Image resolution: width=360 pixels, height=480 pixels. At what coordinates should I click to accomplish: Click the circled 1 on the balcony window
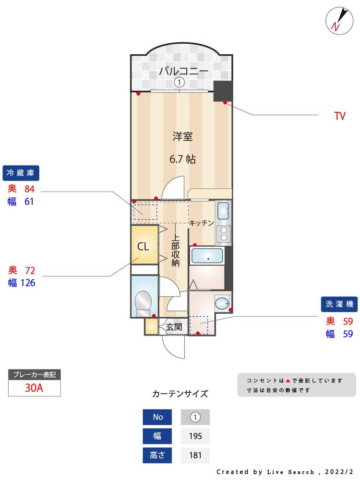tap(179, 83)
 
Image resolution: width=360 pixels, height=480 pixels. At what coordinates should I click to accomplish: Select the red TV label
tap(340, 116)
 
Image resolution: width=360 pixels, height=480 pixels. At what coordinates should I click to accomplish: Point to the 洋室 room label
tap(182, 137)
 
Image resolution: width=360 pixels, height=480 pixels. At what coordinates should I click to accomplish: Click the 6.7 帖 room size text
tap(182, 159)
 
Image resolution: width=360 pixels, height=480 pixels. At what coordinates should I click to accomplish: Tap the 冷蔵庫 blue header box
tap(21, 172)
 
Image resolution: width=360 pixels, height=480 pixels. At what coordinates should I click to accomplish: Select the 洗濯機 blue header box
tap(339, 304)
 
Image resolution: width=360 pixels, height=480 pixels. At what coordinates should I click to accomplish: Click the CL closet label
tap(143, 247)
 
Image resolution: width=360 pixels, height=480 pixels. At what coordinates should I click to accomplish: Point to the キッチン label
tap(201, 223)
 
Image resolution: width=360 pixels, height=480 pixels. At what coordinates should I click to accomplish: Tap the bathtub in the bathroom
tap(207, 256)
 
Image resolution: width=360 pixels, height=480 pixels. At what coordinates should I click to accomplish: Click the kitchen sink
tap(224, 211)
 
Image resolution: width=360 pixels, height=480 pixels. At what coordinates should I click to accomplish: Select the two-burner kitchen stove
tap(224, 234)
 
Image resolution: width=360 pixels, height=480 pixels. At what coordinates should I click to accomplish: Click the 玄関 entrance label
tap(174, 327)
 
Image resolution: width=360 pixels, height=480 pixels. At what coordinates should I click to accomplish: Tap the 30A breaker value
tap(35, 388)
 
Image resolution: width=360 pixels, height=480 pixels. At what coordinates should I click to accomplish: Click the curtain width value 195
tap(195, 436)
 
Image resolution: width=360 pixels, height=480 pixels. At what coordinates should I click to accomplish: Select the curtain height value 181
tap(195, 455)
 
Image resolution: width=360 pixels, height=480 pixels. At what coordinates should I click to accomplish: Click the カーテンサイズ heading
tap(180, 394)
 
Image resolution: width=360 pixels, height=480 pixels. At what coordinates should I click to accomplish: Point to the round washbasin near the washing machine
tap(221, 303)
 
